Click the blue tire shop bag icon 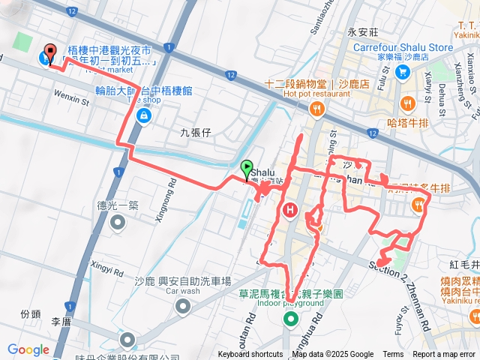142,115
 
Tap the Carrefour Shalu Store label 403,47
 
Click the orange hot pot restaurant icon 317,109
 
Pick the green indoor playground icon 290,320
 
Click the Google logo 28,349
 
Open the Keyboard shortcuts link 250,355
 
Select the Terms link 393,355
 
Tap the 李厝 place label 60,321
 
